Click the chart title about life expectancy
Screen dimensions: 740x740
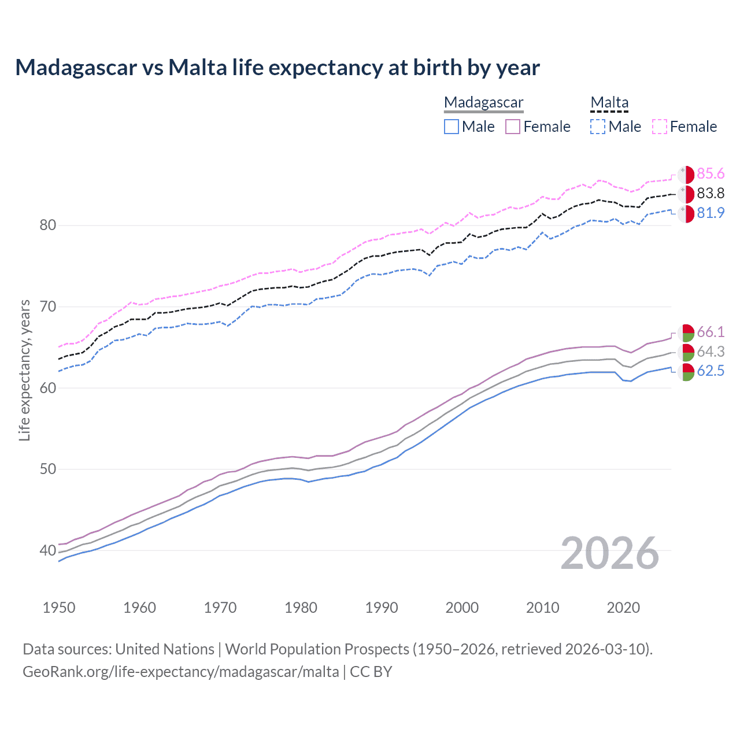pyautogui.click(x=277, y=68)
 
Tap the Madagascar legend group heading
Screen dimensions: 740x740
pyautogui.click(x=483, y=102)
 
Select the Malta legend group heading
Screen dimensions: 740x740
pyautogui.click(x=609, y=102)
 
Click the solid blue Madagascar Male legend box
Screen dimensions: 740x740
pyautogui.click(x=452, y=127)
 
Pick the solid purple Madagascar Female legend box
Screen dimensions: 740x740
pyautogui.click(x=513, y=127)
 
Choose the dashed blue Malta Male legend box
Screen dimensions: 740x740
pyautogui.click(x=598, y=127)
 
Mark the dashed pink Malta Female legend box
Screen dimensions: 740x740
pyautogui.click(x=660, y=127)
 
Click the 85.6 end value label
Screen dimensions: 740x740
pyautogui.click(x=711, y=174)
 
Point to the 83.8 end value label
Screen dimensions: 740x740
pyautogui.click(x=711, y=193)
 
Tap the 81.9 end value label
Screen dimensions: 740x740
pyautogui.click(x=711, y=213)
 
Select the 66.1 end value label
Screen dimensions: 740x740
pyautogui.click(x=711, y=332)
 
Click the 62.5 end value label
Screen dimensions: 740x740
pyautogui.click(x=711, y=371)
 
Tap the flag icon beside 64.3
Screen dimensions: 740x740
pyautogui.click(x=686, y=352)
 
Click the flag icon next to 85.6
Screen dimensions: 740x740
pyautogui.click(x=686, y=175)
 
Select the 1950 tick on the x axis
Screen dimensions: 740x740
pyautogui.click(x=59, y=608)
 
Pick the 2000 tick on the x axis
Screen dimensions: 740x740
pyautogui.click(x=462, y=608)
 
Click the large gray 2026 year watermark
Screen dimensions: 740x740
pyautogui.click(x=609, y=553)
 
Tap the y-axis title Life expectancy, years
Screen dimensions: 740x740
pyautogui.click(x=24, y=370)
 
